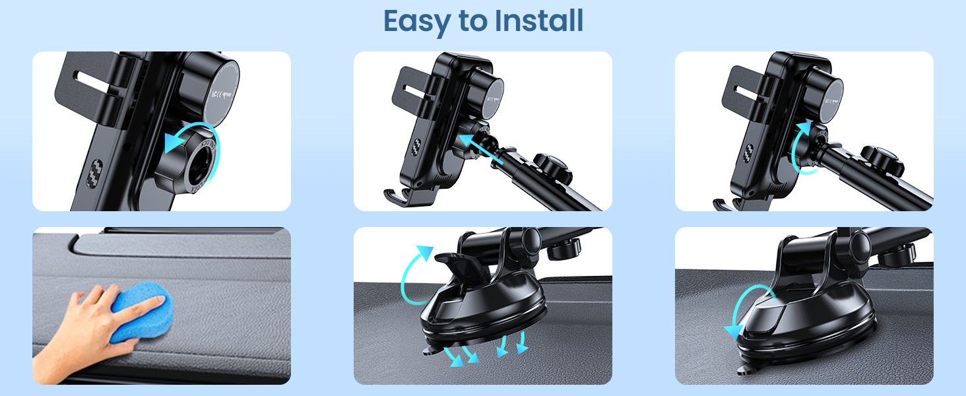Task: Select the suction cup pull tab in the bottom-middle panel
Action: pyautogui.click(x=430, y=351)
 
